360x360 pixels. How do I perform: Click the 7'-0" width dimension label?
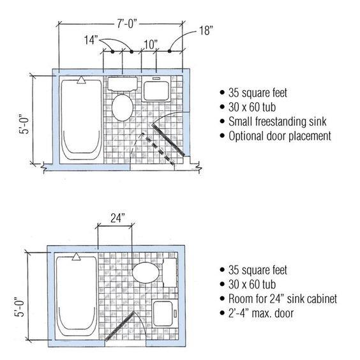[x=127, y=23]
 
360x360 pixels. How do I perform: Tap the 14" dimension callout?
[x=91, y=40]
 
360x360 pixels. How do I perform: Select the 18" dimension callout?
[x=206, y=31]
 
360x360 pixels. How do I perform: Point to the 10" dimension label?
[x=151, y=44]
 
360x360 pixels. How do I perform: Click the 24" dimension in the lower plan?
[x=117, y=218]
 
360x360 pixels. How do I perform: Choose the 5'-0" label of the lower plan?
[x=19, y=307]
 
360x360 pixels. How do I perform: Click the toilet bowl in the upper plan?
[x=123, y=108]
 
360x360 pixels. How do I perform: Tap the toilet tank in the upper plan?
[x=123, y=84]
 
